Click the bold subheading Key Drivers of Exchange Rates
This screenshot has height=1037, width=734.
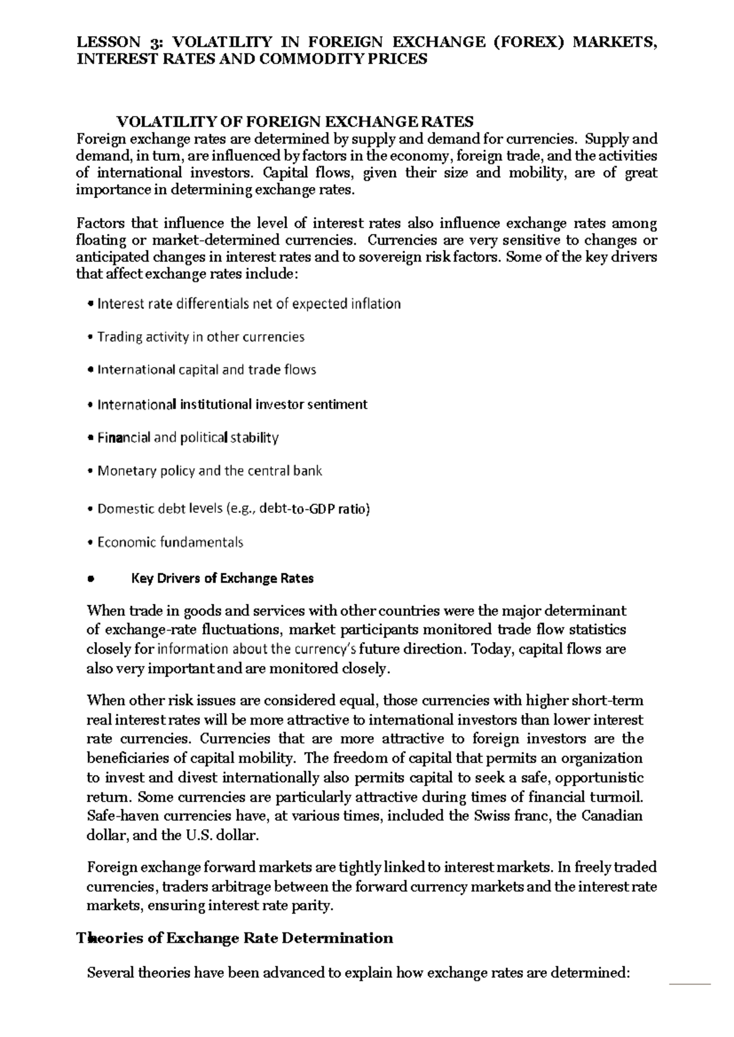click(x=223, y=578)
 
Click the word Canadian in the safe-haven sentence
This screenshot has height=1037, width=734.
click(x=612, y=816)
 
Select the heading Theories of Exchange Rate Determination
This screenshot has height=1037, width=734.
click(x=234, y=939)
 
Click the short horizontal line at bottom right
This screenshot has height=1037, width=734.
click(x=690, y=984)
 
